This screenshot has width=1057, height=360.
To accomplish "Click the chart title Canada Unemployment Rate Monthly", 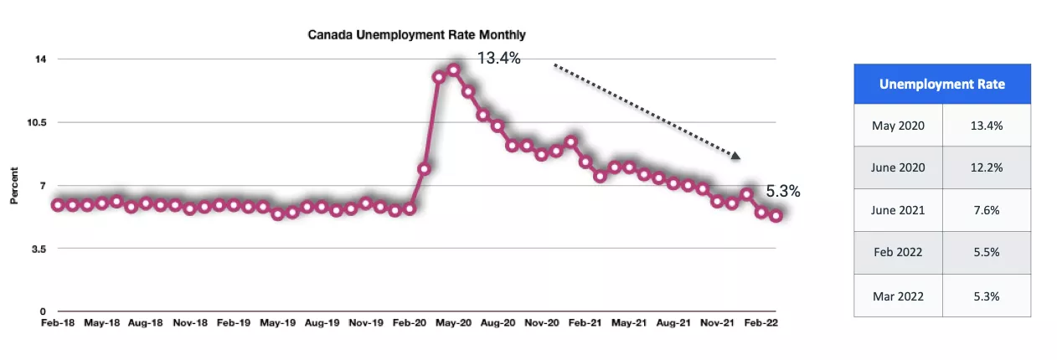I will (416, 34).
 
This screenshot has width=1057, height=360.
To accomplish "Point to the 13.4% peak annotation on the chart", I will (498, 59).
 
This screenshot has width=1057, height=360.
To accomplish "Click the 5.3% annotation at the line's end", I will (783, 192).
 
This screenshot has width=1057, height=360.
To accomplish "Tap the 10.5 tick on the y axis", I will (36, 122).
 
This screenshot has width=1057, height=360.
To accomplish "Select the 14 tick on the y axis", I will (40, 59).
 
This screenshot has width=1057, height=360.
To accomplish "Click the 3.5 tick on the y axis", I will (39, 249).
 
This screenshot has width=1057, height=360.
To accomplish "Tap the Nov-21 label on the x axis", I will (718, 322).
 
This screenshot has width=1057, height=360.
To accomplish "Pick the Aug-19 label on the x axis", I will (322, 322).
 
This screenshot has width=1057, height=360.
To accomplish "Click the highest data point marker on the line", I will (453, 70).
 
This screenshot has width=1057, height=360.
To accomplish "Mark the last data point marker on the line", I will (776, 216).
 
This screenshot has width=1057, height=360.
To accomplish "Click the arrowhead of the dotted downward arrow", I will (735, 155).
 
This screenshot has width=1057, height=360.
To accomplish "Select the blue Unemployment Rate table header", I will (941, 84).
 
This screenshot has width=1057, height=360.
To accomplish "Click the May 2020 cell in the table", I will (898, 126).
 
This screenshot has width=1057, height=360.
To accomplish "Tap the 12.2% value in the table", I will (986, 167).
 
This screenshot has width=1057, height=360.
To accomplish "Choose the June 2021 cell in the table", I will (898, 210).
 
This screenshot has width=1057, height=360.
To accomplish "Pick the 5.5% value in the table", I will (986, 253).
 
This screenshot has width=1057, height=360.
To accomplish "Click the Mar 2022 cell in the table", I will (898, 296).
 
